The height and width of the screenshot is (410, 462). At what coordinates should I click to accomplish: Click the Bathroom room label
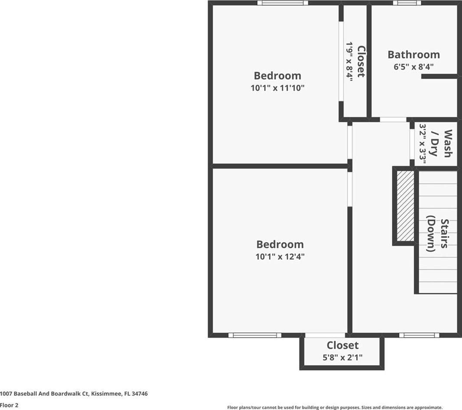coord(414,55)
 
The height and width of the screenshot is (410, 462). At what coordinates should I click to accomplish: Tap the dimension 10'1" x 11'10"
coord(277,88)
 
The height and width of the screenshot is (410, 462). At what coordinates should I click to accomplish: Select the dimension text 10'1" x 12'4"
coord(280,256)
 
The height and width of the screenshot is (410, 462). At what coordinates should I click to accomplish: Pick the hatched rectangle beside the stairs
coord(406,206)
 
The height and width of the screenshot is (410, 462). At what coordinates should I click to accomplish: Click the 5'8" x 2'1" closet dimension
coord(342,358)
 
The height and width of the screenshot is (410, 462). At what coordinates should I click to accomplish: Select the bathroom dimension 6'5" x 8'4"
coord(414,67)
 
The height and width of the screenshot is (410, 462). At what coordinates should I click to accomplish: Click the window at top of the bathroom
coord(407,3)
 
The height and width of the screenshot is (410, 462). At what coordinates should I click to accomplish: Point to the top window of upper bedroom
coord(282,3)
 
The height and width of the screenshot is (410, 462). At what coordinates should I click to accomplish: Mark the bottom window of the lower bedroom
coord(255,335)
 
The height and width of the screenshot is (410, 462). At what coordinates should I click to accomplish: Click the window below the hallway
coord(419,335)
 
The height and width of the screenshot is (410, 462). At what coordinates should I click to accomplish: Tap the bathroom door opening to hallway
coord(393,120)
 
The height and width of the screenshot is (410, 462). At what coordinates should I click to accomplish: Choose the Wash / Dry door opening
coord(412,144)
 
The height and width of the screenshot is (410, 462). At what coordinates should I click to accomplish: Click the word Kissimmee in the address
coord(106,394)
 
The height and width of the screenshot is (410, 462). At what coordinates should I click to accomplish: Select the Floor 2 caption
coord(9,405)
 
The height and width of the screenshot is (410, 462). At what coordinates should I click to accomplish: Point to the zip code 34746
coord(140,394)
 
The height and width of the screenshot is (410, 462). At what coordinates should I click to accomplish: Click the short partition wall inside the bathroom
coord(439,76)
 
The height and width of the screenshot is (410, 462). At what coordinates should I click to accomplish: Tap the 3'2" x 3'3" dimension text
coord(423,143)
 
